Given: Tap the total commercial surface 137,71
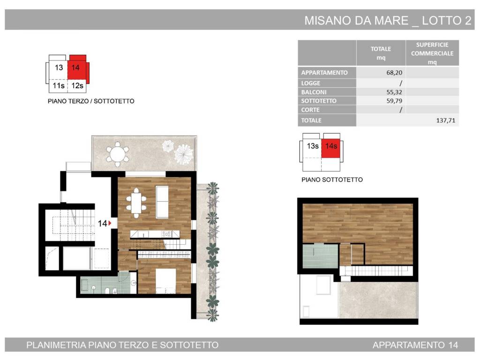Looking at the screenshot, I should (x=445, y=120).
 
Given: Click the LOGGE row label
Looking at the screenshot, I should (x=311, y=83).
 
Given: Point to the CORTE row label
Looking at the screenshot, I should (x=310, y=110).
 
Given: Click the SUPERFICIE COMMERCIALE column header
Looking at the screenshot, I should (x=432, y=53).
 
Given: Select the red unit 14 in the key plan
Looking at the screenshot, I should (x=76, y=68).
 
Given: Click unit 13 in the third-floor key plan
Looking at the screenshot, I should (x=59, y=68).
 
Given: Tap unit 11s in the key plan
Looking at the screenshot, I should (x=59, y=86).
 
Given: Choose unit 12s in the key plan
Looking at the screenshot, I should (x=76, y=86).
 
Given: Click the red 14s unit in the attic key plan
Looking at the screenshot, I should (x=331, y=146).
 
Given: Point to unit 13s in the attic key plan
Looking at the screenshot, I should (x=313, y=146).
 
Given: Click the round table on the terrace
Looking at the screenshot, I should (x=117, y=154).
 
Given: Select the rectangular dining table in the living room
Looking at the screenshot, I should (x=135, y=202).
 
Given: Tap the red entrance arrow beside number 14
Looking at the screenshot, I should (x=110, y=224).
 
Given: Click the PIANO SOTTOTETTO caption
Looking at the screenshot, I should (x=332, y=180).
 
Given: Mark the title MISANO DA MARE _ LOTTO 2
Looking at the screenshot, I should (x=388, y=21).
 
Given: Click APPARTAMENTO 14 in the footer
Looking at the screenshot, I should (x=415, y=345).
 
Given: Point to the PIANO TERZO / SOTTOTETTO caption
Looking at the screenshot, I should (x=91, y=101).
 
